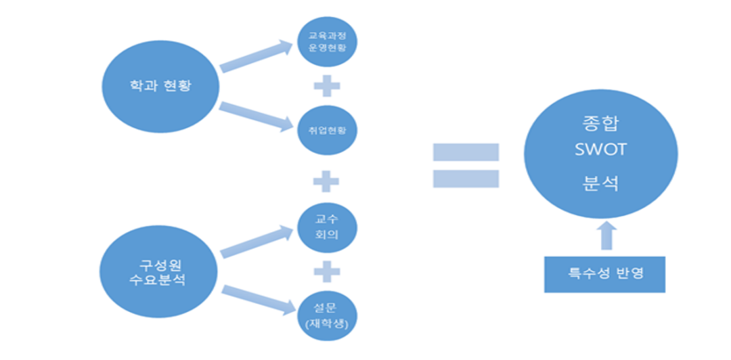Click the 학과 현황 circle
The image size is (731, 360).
[160, 85]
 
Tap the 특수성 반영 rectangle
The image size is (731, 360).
[604, 274]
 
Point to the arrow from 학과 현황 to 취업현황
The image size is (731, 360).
[254, 114]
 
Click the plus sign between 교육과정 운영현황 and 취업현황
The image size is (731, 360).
[327, 86]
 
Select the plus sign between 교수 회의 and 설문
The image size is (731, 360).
[327, 271]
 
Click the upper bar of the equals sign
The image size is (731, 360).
[466, 152]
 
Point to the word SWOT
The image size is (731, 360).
[600, 150]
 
